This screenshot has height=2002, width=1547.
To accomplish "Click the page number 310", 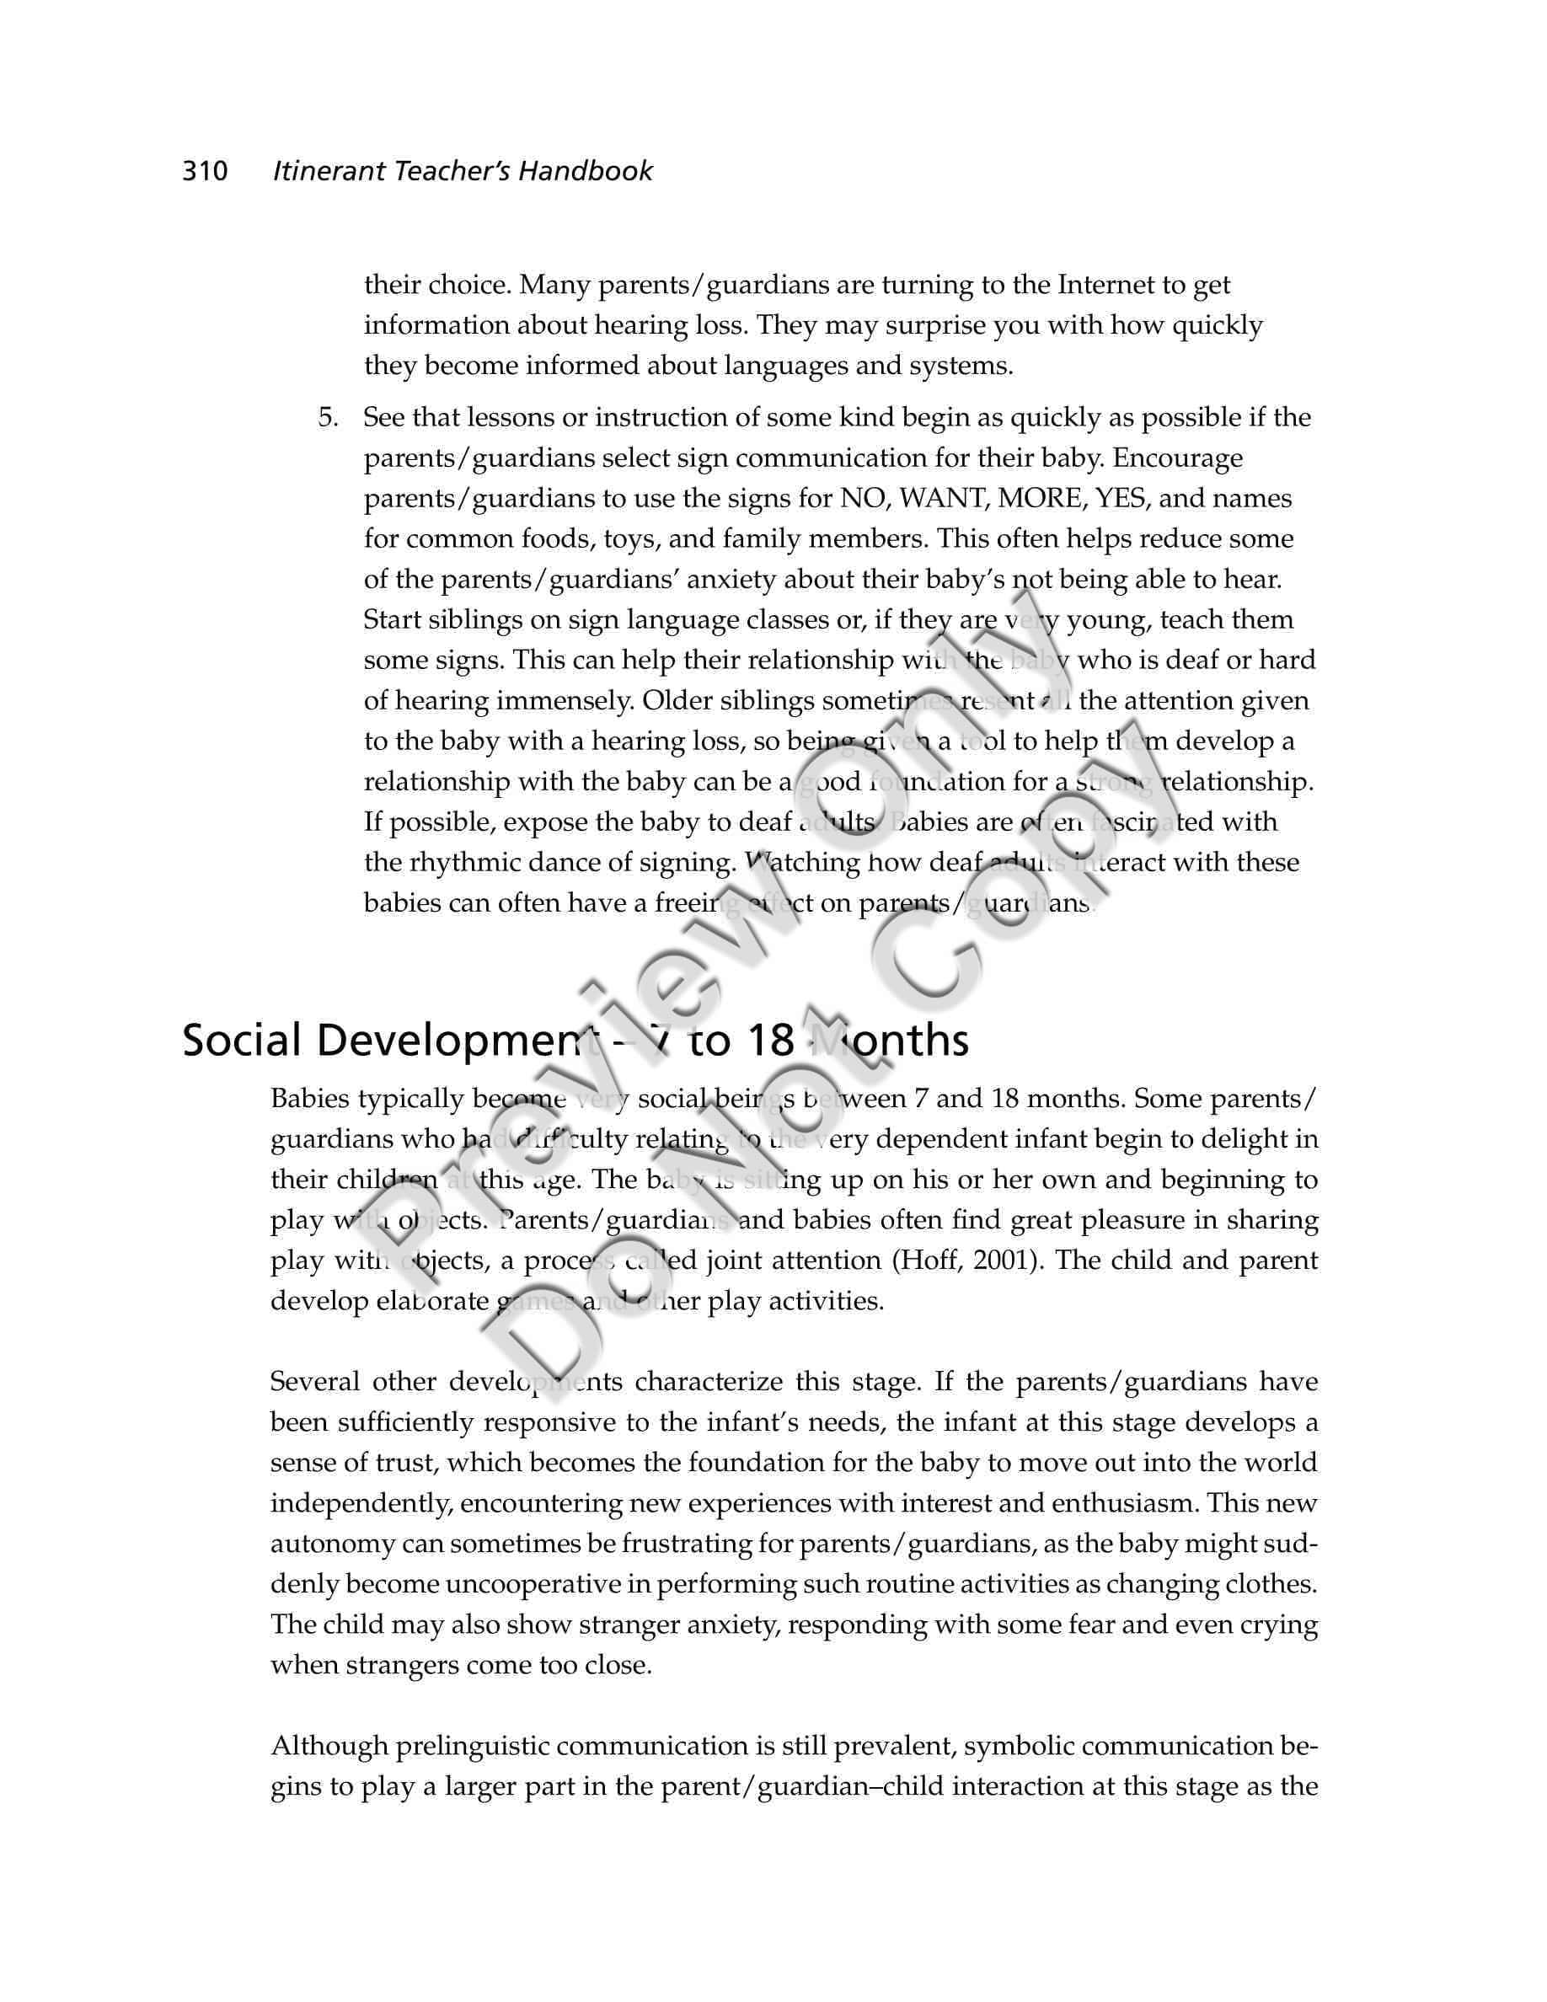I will tap(205, 171).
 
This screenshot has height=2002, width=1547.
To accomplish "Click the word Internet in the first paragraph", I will tap(1106, 285).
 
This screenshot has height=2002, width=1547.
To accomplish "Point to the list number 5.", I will tap(328, 418).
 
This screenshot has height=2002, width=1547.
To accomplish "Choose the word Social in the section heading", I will tap(242, 1041).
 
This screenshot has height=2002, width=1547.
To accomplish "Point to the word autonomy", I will tap(332, 1544).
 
